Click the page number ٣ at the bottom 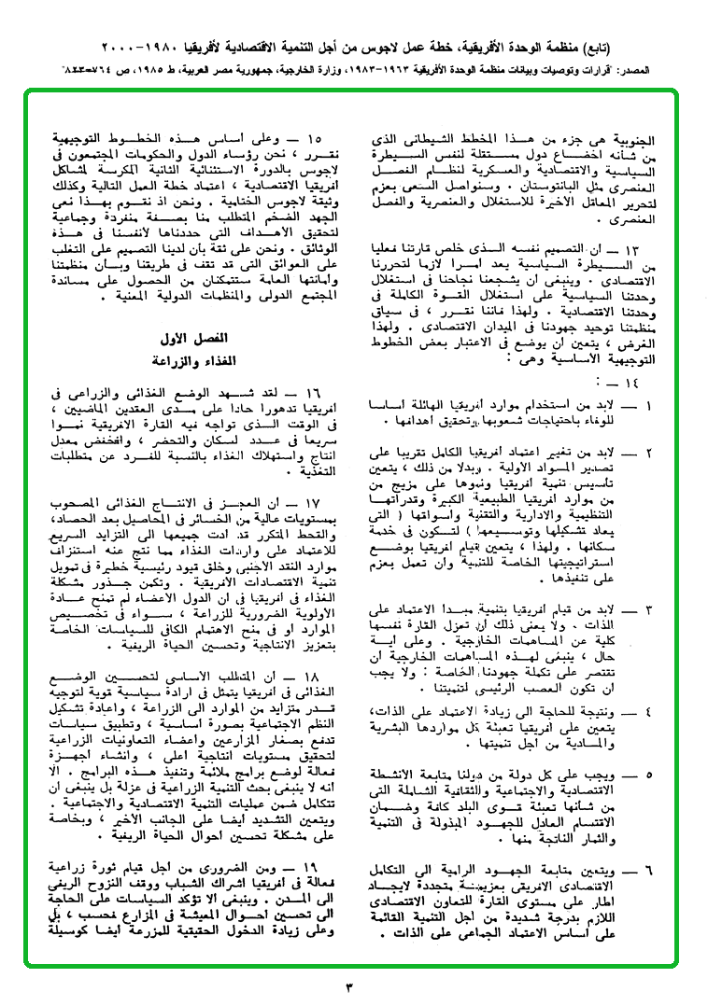352,986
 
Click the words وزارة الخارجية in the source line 349,70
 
